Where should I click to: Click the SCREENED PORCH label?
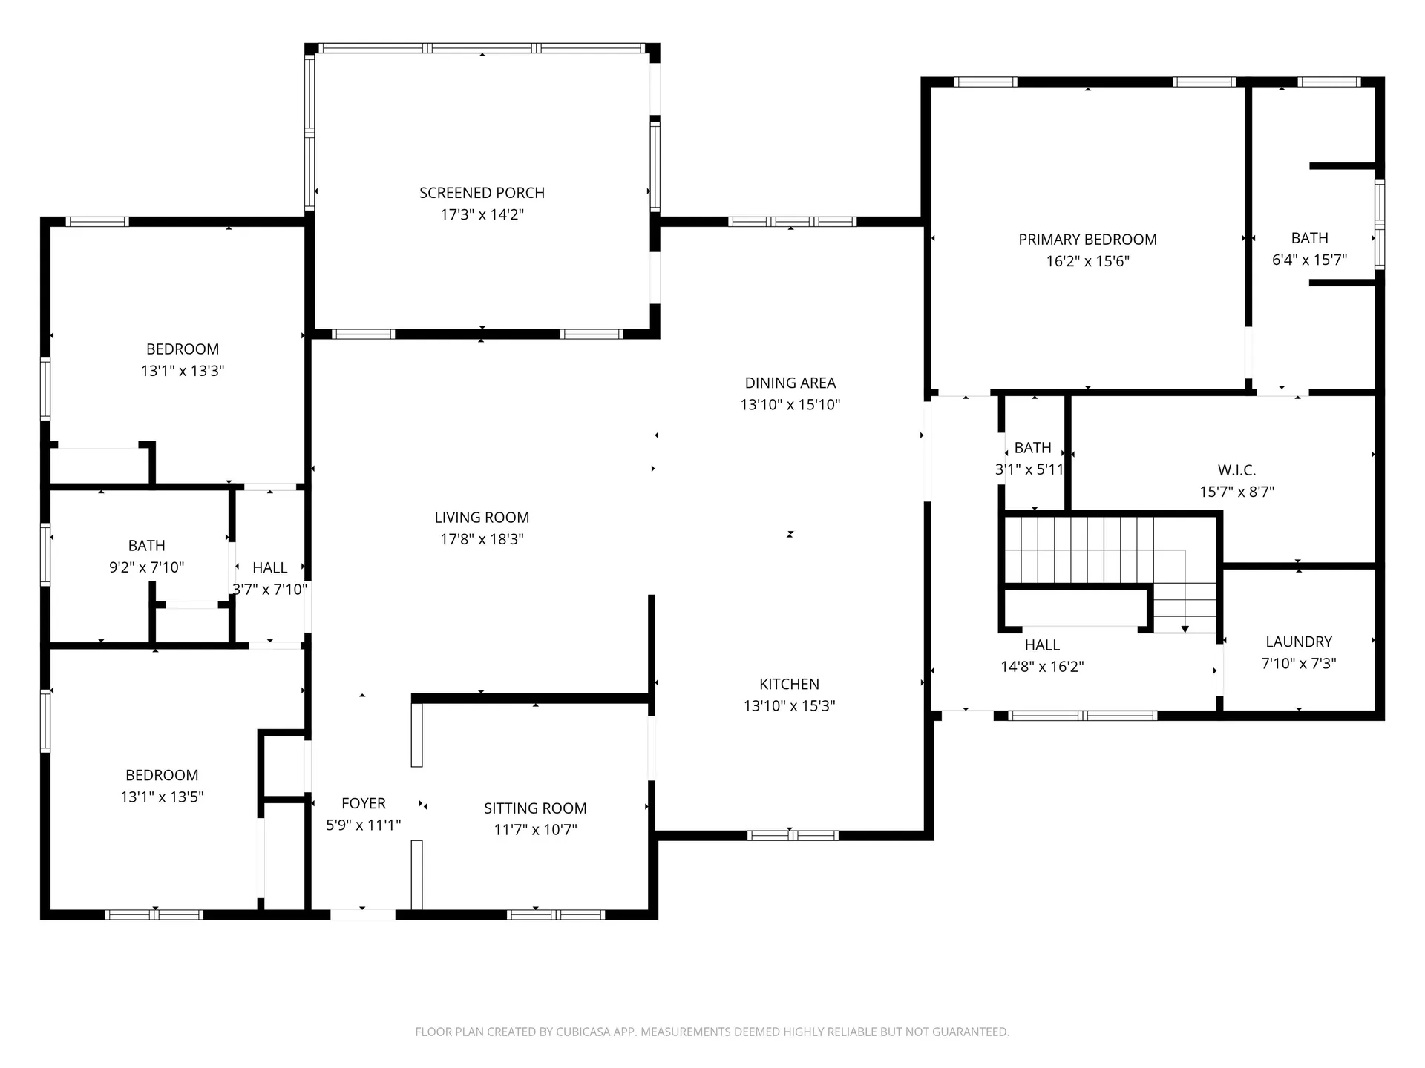click(482, 193)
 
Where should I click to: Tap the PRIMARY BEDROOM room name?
click(1087, 240)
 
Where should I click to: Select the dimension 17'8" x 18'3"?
click(482, 539)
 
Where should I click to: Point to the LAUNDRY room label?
click(1298, 642)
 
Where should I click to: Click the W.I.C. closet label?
click(1236, 470)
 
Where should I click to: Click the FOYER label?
click(363, 803)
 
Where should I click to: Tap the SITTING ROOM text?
click(535, 808)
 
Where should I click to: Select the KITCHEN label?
click(789, 684)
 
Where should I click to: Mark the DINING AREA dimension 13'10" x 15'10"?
click(790, 405)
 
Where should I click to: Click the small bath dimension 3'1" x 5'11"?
click(1029, 469)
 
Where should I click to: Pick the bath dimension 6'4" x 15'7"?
click(1309, 260)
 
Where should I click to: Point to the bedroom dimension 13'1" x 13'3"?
click(183, 371)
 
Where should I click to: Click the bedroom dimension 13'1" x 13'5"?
click(162, 797)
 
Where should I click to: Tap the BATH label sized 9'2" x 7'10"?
click(146, 546)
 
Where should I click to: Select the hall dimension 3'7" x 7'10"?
click(269, 590)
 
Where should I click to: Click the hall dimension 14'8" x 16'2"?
click(1042, 667)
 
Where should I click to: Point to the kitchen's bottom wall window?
click(792, 836)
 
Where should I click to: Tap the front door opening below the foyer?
click(362, 914)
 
